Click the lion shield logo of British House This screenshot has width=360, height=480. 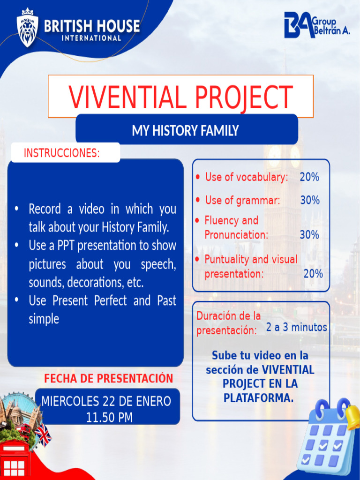point(28,28)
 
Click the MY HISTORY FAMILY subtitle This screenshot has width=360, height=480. point(185,130)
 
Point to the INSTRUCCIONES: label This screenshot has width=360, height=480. point(61,153)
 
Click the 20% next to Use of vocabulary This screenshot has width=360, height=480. point(309,177)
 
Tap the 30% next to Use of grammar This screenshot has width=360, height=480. point(310,200)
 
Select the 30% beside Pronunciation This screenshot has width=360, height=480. point(309,234)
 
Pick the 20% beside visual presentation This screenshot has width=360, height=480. point(313,274)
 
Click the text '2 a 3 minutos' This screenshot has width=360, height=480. point(297,327)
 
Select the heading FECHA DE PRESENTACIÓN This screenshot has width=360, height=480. point(109,378)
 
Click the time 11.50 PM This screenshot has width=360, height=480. point(109,417)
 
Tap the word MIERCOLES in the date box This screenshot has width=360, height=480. point(69,402)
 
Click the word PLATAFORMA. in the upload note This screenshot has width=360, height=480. point(259,398)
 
